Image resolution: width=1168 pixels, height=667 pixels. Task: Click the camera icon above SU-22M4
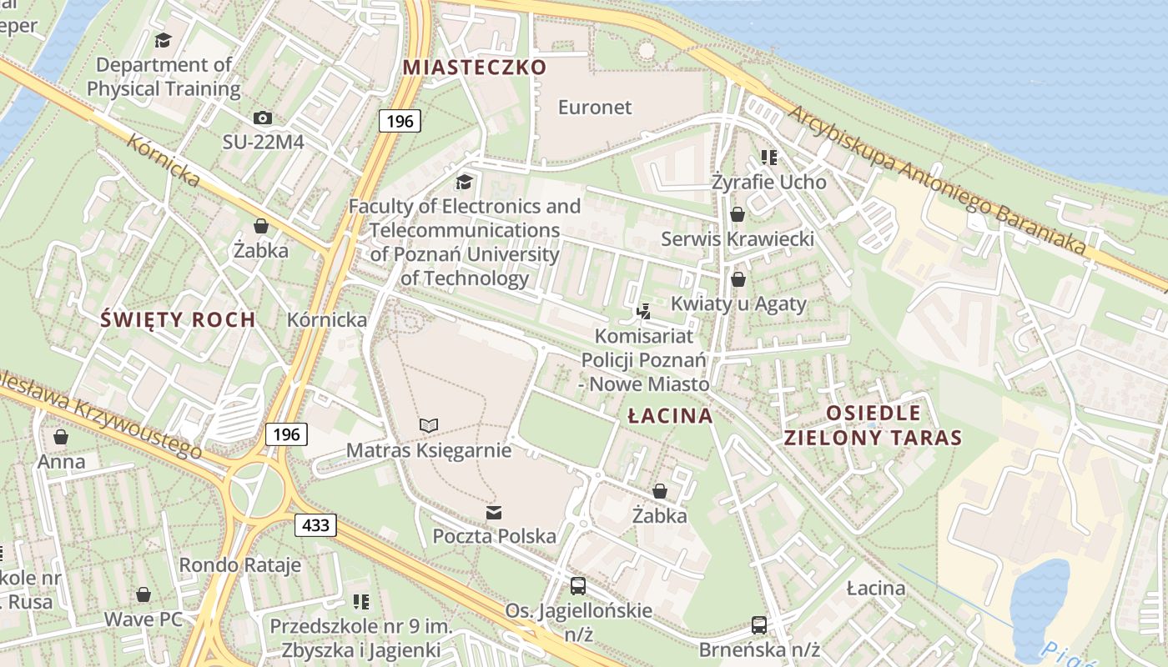[x=262, y=118]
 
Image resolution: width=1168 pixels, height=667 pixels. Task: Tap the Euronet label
[x=595, y=108]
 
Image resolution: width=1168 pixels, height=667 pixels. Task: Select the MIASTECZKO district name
[x=475, y=68]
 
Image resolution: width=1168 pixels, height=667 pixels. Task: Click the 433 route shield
[x=315, y=525]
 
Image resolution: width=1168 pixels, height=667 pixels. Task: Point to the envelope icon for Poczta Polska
[x=494, y=512]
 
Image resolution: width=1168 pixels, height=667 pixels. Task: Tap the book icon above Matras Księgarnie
[x=429, y=426]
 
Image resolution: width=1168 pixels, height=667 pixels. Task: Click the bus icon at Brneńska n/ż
[x=759, y=624]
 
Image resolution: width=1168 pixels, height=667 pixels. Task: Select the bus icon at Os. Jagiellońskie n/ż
[x=578, y=586]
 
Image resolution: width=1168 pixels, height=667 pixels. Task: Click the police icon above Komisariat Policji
[x=643, y=312]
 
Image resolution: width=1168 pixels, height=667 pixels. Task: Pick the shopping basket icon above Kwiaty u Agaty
[x=738, y=279]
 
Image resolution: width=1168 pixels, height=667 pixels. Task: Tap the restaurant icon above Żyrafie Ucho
[x=768, y=157]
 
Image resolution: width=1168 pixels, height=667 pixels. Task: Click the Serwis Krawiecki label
[x=738, y=239]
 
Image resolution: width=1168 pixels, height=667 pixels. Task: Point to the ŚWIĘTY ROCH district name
[x=178, y=319]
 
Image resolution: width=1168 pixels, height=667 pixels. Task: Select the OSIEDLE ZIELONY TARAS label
[x=873, y=425]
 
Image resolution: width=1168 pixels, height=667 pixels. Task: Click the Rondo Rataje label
[x=239, y=565]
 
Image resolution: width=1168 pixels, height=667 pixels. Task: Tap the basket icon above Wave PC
[x=143, y=594]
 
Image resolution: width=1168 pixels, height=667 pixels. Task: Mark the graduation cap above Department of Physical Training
[x=164, y=40]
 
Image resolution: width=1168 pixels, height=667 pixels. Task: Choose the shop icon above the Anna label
[x=61, y=437]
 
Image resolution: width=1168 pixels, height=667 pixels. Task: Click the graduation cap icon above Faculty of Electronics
[x=464, y=182]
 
